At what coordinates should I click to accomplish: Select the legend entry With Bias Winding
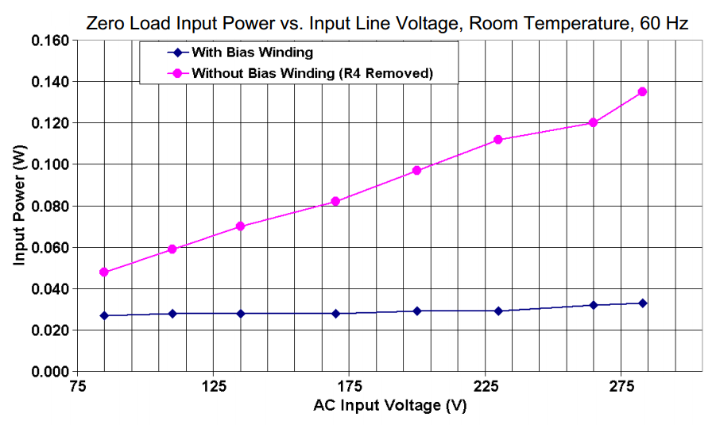click(253, 53)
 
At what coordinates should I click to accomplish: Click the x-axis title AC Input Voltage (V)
click(390, 405)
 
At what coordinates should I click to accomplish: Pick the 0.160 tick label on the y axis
click(49, 41)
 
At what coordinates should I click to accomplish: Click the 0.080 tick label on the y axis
click(49, 207)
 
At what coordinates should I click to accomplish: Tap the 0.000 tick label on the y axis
click(49, 372)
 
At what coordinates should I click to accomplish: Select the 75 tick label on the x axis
click(76, 387)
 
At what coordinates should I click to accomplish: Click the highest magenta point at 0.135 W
click(642, 92)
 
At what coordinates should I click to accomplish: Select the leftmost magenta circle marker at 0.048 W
click(103, 272)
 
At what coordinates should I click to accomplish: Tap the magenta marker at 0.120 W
click(593, 122)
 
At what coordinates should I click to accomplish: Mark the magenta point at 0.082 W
click(335, 201)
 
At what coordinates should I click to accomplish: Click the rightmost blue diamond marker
click(642, 303)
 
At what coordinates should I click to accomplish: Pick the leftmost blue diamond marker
click(103, 315)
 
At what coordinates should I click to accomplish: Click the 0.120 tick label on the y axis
click(49, 123)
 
